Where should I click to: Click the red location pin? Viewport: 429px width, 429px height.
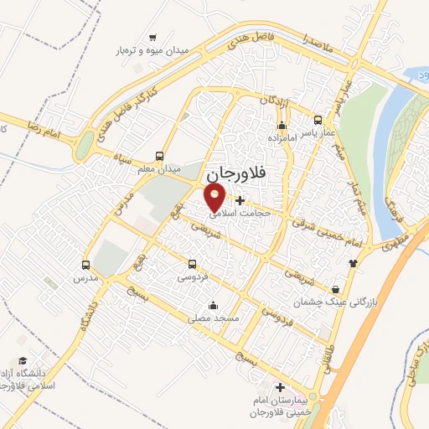216,198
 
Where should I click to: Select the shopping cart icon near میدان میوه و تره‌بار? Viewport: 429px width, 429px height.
152,37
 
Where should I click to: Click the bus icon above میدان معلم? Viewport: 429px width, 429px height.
160,156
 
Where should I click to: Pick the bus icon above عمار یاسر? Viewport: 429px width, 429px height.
317,119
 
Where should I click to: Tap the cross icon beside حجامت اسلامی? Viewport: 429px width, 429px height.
241,199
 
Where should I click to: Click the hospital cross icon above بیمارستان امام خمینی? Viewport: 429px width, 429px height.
280,388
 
